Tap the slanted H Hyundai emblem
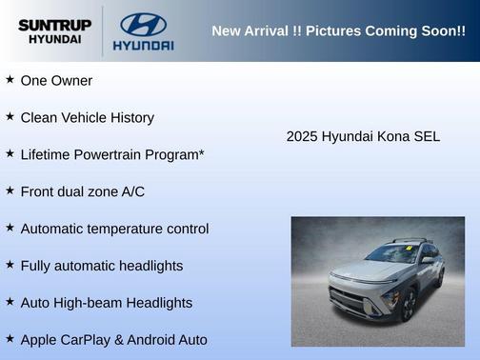pos(143,24)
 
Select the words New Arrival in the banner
pos(250,31)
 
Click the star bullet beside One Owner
pos(10,80)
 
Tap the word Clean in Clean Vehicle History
pos(39,118)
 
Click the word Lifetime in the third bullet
pos(46,154)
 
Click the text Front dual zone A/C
pos(82,191)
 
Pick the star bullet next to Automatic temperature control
pos(10,228)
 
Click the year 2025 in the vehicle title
pos(302,136)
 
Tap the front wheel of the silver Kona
pos(408,306)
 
